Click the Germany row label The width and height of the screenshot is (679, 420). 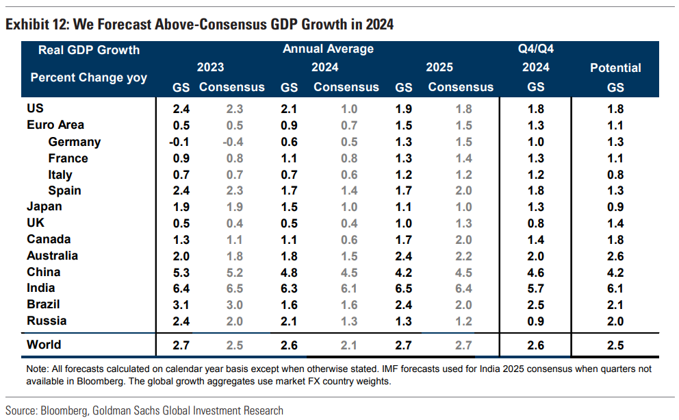[75, 142]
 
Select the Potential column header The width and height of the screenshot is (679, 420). [615, 68]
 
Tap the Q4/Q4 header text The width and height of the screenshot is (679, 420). [536, 49]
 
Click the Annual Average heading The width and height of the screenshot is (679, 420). [328, 49]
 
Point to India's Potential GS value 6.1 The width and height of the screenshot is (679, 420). [615, 288]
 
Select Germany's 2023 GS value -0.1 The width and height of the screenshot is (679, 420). [179, 142]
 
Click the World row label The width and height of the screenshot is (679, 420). [44, 345]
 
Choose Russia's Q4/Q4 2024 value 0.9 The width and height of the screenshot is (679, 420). [536, 321]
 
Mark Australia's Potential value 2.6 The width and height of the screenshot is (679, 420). [615, 256]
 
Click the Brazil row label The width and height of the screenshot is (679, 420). [43, 304]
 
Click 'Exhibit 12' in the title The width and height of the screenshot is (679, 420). [36, 25]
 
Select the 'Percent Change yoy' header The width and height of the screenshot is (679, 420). [89, 77]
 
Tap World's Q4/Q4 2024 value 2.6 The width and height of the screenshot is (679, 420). [536, 345]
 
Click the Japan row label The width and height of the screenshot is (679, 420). [44, 206]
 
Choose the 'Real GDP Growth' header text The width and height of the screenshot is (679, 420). [89, 50]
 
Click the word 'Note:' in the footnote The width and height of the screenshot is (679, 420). [38, 369]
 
